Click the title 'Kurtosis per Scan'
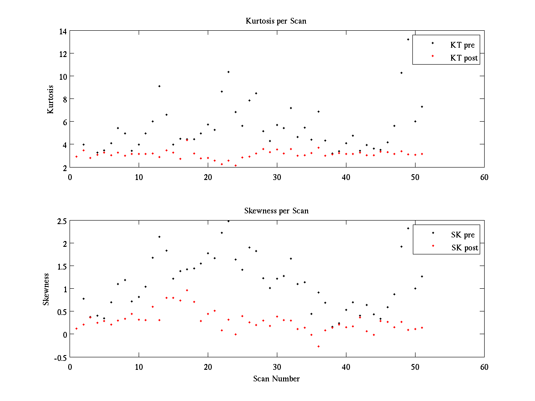[276, 21]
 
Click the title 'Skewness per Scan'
[276, 211]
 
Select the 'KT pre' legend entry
[462, 45]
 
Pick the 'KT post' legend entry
[464, 58]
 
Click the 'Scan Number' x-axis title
[276, 379]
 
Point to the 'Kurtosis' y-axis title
[51, 99]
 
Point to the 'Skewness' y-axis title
[46, 289]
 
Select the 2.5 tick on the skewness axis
[61, 221]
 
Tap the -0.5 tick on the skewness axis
[60, 357]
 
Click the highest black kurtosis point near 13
[408, 39]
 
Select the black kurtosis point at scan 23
[228, 72]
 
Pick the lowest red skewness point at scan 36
[318, 346]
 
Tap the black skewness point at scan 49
[408, 229]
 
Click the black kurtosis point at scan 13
[159, 86]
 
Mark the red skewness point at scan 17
[187, 290]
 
